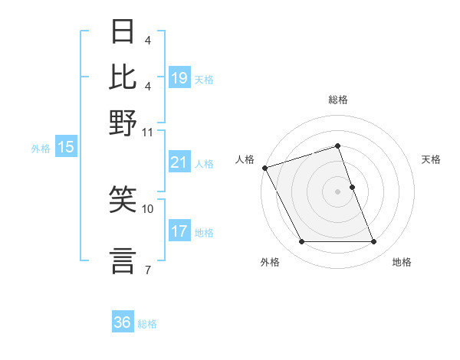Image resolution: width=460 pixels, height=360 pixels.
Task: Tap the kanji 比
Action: (x=123, y=77)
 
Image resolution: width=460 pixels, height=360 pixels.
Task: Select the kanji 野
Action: (x=123, y=122)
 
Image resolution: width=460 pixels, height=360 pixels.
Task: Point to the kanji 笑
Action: (x=123, y=200)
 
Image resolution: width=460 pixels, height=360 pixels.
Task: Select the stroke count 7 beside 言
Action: (x=147, y=269)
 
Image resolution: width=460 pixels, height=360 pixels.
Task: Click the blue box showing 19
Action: (x=179, y=77)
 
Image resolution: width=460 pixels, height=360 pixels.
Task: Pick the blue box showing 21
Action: (x=179, y=162)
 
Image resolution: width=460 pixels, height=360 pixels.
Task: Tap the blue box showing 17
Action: (x=179, y=231)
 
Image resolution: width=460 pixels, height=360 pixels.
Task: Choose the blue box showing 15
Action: (x=66, y=148)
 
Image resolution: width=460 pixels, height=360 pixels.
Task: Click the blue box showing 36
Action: (x=123, y=322)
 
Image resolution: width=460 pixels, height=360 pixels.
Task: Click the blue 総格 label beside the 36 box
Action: (x=147, y=324)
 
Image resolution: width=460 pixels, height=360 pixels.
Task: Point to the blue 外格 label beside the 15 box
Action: (x=41, y=149)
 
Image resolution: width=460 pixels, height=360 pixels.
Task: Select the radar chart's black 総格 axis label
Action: (x=338, y=100)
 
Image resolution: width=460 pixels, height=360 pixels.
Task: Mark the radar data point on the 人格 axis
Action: (x=265, y=168)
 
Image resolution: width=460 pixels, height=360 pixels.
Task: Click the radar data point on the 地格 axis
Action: (x=374, y=242)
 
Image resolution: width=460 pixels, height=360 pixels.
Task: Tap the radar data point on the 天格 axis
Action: (x=352, y=187)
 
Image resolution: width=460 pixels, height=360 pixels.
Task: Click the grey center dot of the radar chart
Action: (x=338, y=191)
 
